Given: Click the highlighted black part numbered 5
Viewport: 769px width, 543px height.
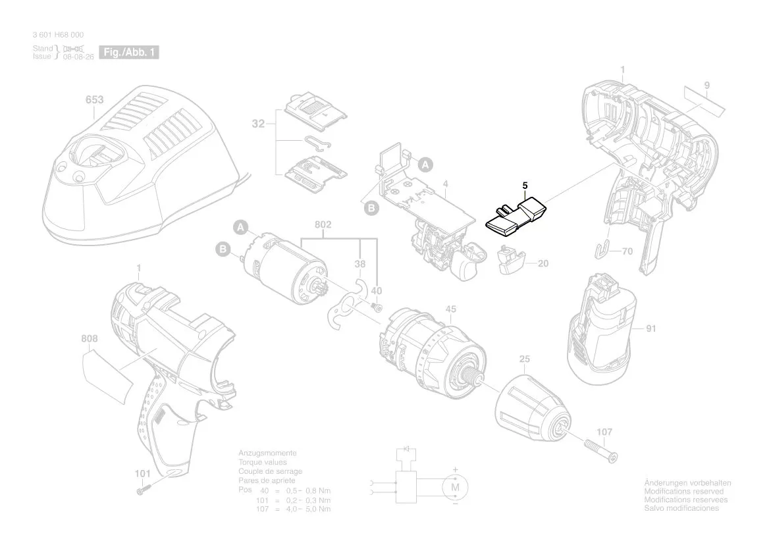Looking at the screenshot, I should point(516,217).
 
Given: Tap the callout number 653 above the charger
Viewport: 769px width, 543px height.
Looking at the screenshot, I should point(94,99).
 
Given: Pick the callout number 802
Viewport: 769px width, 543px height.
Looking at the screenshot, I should point(323,225).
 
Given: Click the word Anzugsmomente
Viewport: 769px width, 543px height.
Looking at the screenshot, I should point(267,453).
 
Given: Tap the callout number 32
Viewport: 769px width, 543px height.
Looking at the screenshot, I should point(258,123).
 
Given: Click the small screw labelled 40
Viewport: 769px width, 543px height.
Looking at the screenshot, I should point(376,306).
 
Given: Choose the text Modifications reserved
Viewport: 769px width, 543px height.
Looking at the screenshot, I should point(683,492).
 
